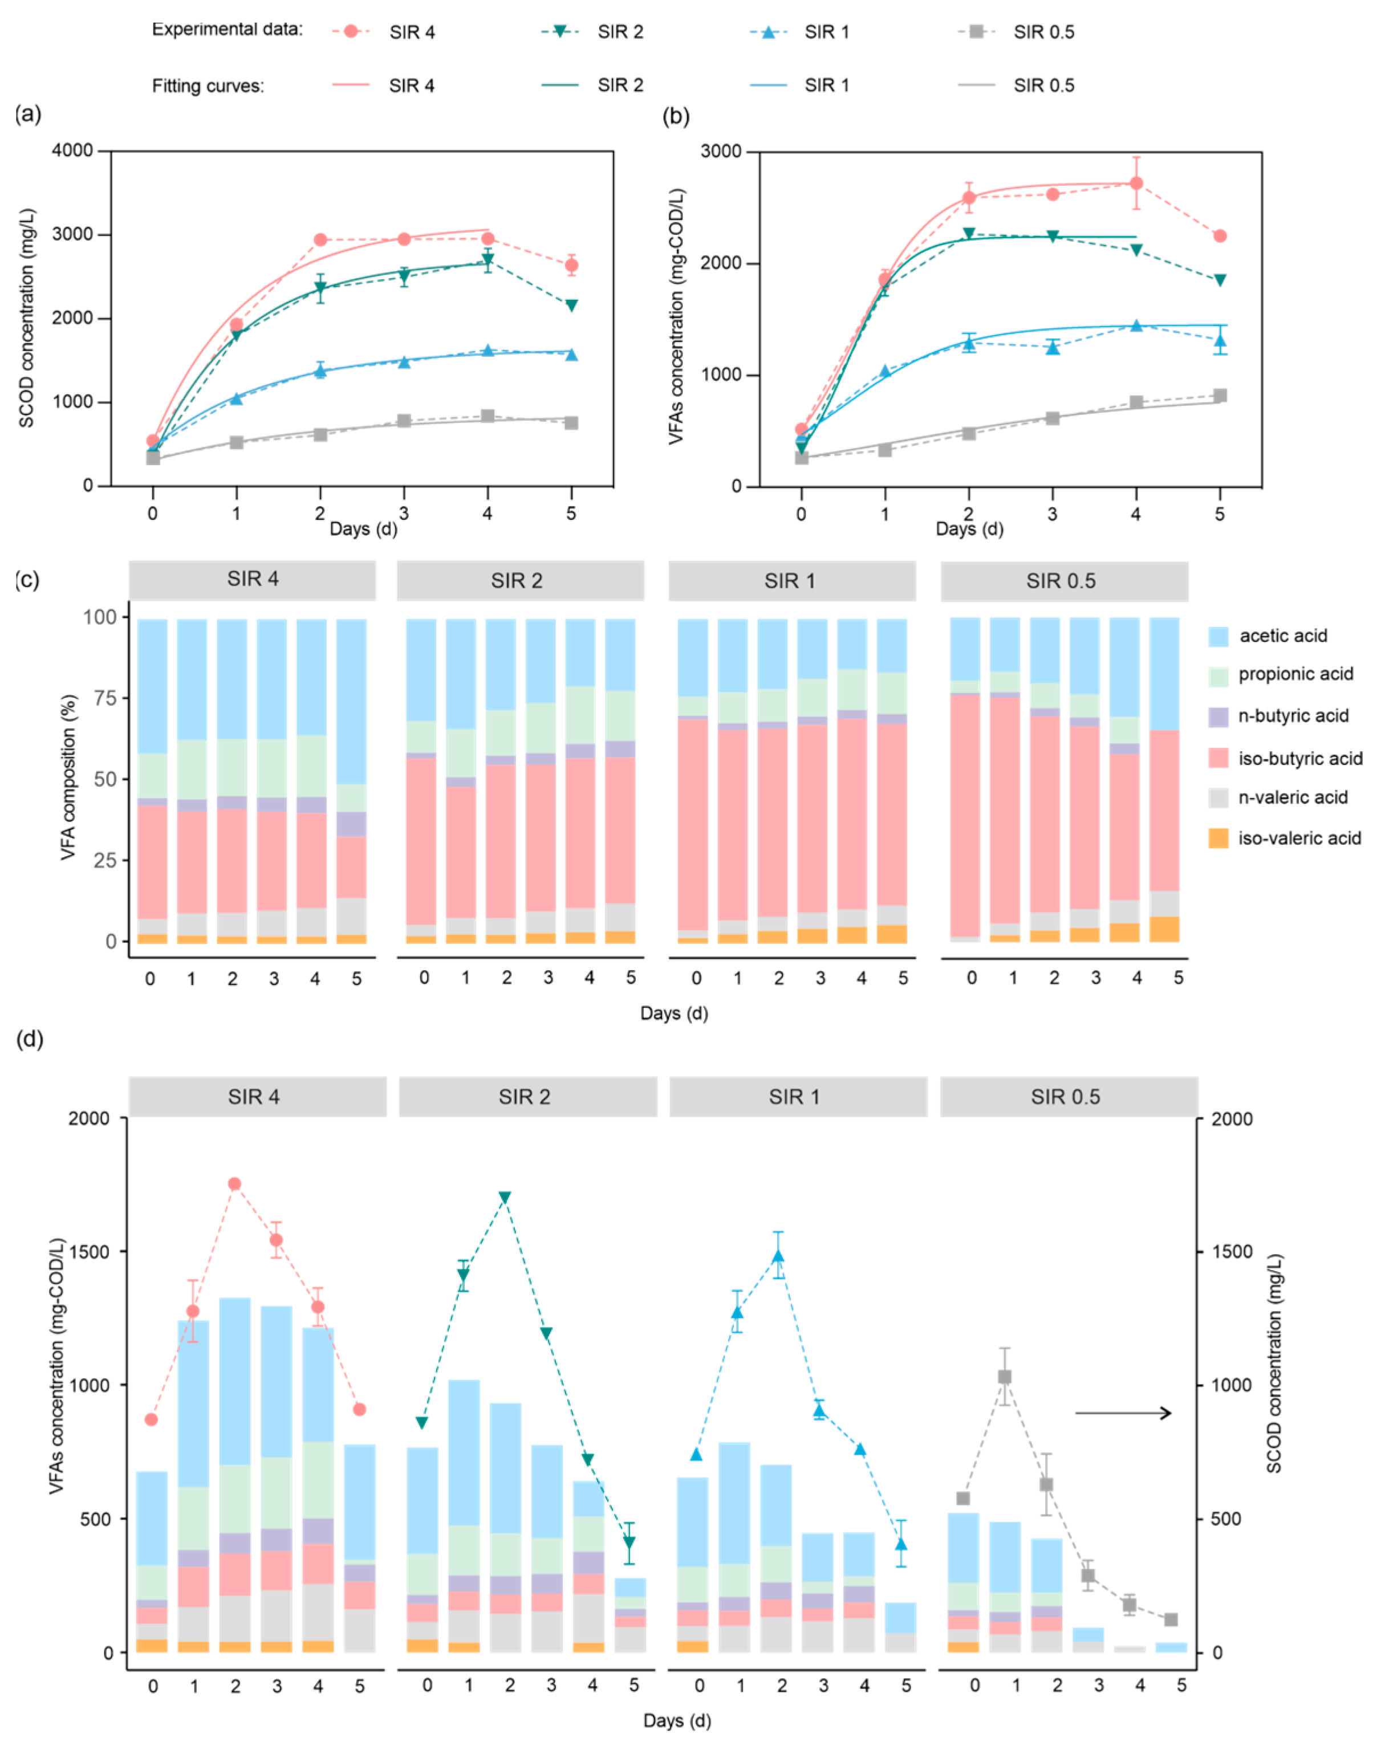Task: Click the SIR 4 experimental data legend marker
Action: (351, 31)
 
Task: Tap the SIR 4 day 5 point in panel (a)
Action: (571, 265)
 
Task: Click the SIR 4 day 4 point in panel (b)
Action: (1136, 184)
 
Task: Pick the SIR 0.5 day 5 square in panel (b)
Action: (1220, 395)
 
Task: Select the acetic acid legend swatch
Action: (1218, 636)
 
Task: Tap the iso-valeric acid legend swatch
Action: (1218, 839)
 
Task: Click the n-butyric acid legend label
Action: (1293, 716)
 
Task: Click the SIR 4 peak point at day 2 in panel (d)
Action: (234, 1184)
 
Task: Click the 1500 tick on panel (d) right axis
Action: (1233, 1252)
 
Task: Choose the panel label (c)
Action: (27, 580)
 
